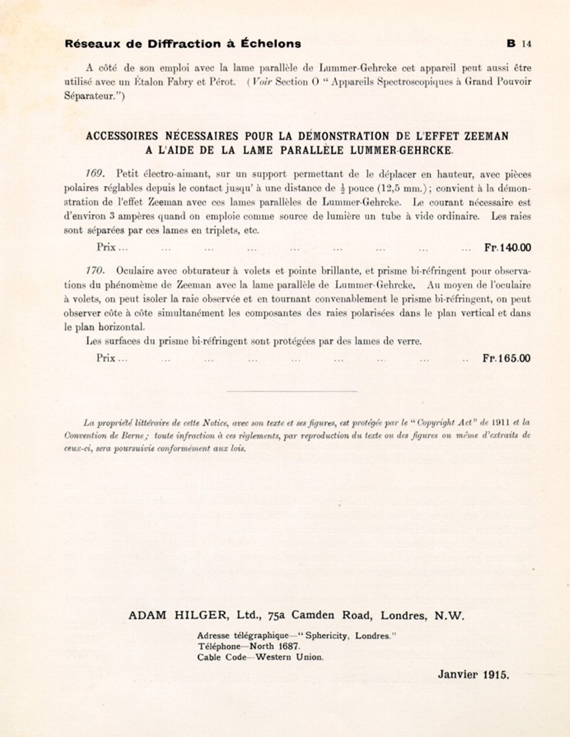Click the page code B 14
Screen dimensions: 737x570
519,44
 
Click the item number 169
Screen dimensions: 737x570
96,174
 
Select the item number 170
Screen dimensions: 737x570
96,271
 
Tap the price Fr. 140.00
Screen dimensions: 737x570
507,248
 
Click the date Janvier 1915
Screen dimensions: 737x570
473,674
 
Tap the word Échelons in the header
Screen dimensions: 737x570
270,44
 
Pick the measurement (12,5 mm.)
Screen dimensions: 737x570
395,188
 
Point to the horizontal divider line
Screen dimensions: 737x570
291,391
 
